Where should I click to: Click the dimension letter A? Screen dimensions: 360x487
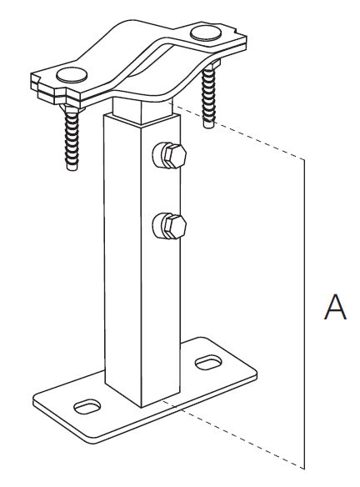(x=335, y=307)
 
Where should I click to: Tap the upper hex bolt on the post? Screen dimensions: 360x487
(x=169, y=155)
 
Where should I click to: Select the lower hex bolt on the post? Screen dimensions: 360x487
(x=169, y=226)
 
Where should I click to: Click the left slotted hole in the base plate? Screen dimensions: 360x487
(x=87, y=406)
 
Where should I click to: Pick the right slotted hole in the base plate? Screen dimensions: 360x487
(x=208, y=363)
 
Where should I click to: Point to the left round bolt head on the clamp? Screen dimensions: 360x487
(x=72, y=75)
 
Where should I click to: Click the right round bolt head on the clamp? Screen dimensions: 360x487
(x=207, y=33)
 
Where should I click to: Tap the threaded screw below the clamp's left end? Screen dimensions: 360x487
(x=72, y=138)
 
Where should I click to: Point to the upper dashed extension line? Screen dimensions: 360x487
(x=238, y=133)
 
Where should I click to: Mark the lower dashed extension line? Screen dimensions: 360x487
(x=232, y=434)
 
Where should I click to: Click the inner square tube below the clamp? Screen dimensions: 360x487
(x=142, y=109)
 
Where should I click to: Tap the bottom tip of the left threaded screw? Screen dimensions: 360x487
(x=72, y=168)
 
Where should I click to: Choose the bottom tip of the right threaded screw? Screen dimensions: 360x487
(x=208, y=125)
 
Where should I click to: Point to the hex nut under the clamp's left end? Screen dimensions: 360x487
(x=72, y=108)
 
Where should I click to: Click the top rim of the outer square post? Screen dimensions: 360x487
(x=142, y=120)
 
